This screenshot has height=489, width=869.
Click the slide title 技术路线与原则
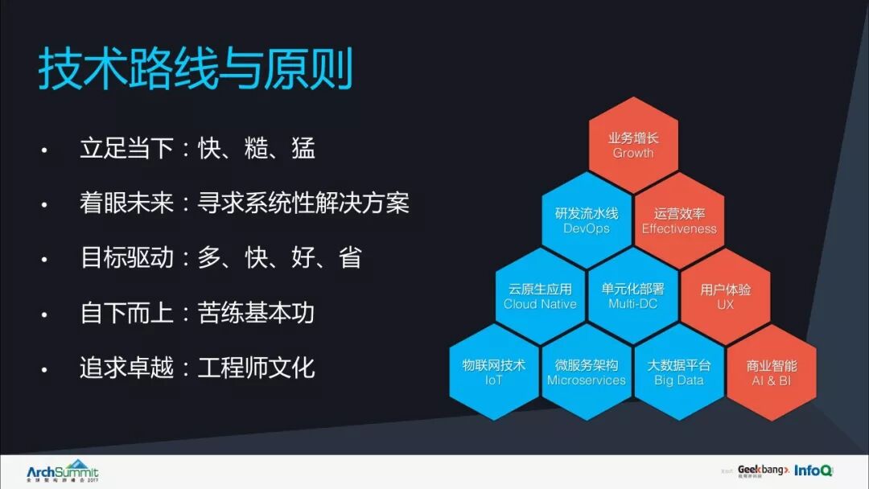coord(196,71)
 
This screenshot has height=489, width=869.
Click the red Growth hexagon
coord(633,145)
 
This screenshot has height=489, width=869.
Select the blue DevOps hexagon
coord(587,220)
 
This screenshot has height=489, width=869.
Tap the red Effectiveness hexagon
coord(679,220)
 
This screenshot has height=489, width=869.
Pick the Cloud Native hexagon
coord(540,296)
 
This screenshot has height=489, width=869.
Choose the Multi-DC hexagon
coord(632,296)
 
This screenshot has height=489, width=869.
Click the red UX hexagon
coord(725,296)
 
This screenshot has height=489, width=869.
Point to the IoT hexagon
coord(493,372)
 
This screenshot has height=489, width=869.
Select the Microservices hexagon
coord(587,372)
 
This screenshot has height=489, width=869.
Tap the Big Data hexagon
coord(679,372)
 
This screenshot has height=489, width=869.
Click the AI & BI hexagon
coord(771,372)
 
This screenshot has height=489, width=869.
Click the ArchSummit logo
coord(62,471)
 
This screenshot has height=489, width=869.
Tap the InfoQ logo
coord(813,471)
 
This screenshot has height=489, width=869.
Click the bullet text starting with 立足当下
coord(197,148)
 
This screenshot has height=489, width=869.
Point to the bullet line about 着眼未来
coord(245,203)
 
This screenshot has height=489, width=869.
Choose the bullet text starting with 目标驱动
coord(220,257)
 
